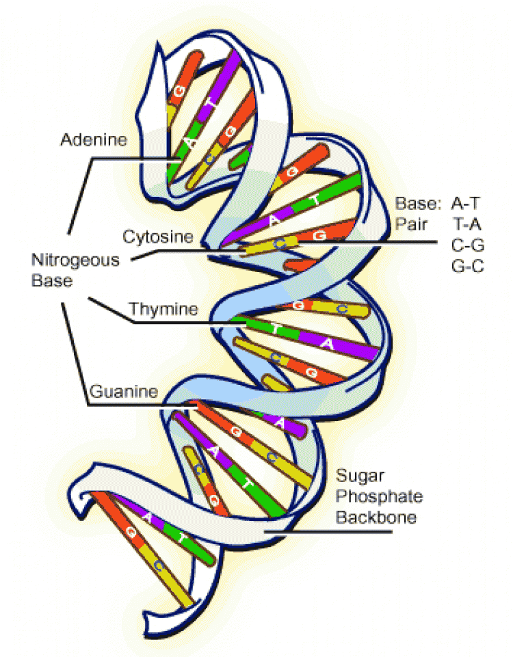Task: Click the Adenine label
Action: tap(94, 139)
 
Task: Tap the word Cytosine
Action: tap(158, 237)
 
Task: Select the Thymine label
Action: tap(163, 309)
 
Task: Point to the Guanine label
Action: tap(124, 391)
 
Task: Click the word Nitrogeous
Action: tap(75, 260)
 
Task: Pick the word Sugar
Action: tap(360, 476)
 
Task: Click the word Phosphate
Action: tap(380, 496)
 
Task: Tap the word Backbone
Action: tap(376, 517)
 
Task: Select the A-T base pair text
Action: tap(465, 204)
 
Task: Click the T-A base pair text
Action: tap(467, 225)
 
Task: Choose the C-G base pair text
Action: tap(468, 245)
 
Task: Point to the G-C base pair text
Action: tap(468, 266)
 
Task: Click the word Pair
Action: tap(411, 225)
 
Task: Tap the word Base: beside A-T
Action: tap(419, 204)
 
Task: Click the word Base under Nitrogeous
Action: tap(52, 280)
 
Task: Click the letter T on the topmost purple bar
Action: tap(213, 103)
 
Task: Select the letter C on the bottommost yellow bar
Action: tap(158, 567)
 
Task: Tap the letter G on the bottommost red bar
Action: tap(131, 532)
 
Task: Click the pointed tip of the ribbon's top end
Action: tap(158, 42)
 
